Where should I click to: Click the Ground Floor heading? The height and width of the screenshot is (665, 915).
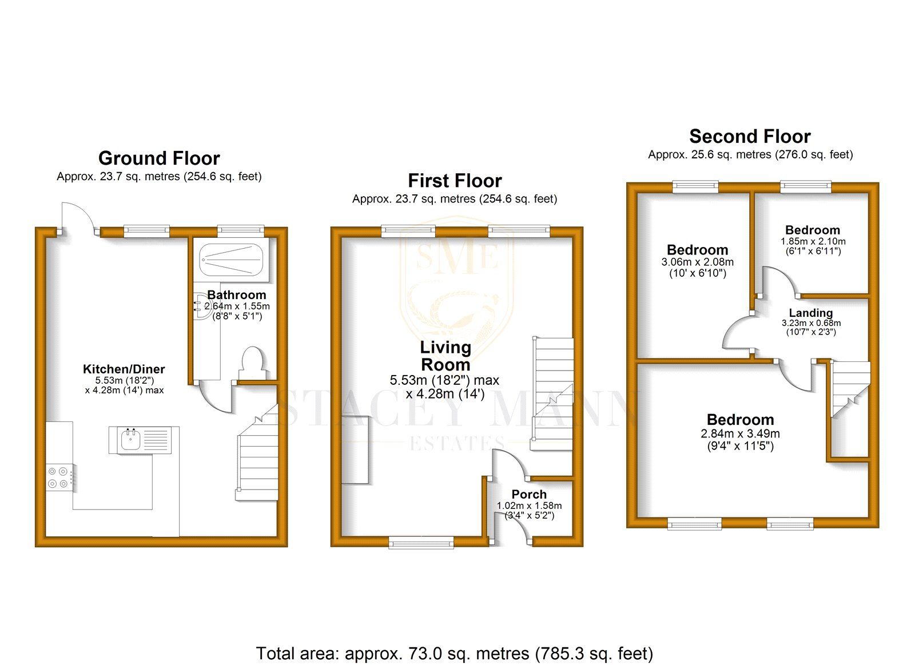(159, 158)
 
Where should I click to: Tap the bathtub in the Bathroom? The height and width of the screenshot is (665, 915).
(232, 260)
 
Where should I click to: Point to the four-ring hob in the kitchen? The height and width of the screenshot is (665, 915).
(59, 477)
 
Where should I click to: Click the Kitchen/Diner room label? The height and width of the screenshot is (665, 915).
(124, 369)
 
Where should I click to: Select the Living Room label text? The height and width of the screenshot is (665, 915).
(445, 356)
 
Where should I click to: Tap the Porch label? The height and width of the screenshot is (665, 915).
(529, 494)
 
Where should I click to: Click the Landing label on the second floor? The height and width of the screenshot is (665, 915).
(810, 313)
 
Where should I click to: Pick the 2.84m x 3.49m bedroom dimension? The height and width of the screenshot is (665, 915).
(740, 434)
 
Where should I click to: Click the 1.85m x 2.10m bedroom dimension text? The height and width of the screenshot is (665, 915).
(813, 241)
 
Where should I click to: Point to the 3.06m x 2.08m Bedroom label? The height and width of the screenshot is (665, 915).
(697, 250)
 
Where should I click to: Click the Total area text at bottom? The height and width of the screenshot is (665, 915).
(455, 653)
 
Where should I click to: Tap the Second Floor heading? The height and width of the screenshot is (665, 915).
(750, 136)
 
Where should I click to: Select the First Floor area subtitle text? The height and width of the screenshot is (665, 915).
(455, 199)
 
